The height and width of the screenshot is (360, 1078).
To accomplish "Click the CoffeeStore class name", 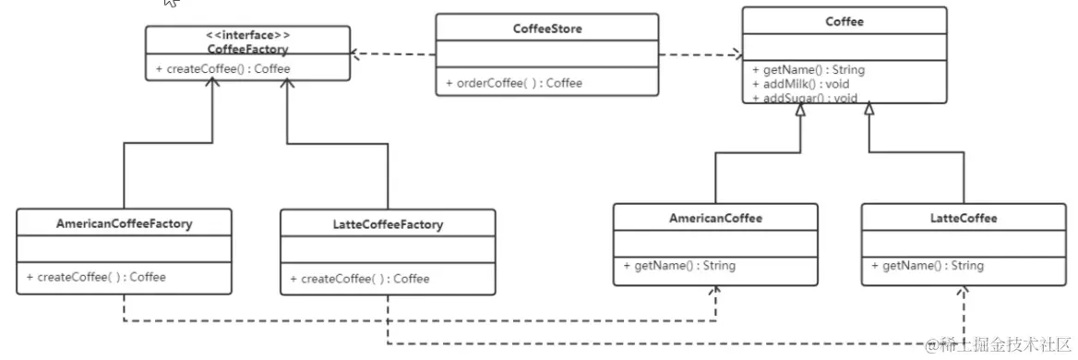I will point(547,29).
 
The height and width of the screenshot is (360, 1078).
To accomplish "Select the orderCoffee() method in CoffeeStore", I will point(514,83).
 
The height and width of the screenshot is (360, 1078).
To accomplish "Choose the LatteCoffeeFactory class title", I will point(387,224).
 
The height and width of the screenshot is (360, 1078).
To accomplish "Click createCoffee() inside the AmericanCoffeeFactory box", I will point(96,276).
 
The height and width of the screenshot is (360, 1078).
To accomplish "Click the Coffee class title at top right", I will point(844,22).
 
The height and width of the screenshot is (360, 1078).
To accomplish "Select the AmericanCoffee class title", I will point(715,218).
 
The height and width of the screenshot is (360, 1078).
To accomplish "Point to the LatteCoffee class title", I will point(964,218).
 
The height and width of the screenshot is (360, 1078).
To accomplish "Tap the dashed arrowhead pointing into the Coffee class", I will point(737,54).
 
